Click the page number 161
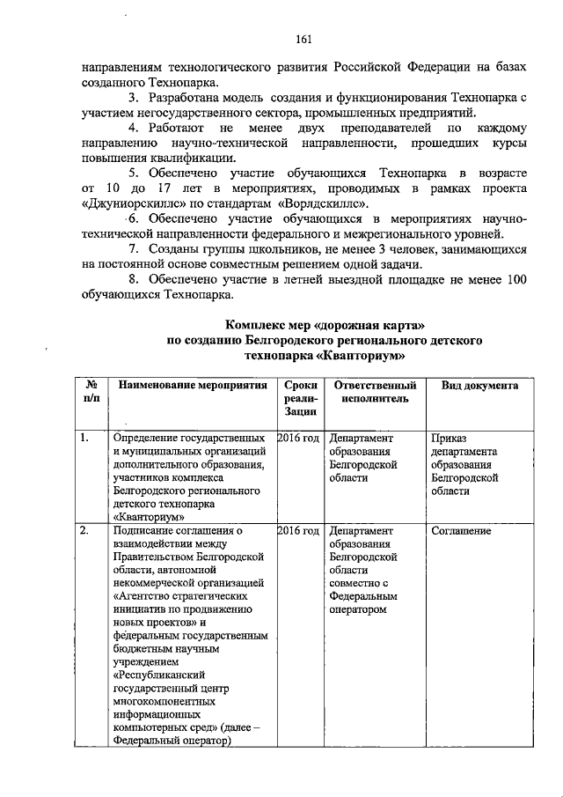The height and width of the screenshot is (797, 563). tap(303, 38)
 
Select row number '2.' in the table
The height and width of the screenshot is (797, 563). tap(84, 531)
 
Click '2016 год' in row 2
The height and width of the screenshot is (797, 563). tap(297, 531)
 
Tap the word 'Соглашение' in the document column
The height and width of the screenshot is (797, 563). tap(461, 531)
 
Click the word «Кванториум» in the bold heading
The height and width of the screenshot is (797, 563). tap(362, 356)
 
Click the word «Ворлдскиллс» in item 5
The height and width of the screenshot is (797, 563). tap(311, 202)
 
